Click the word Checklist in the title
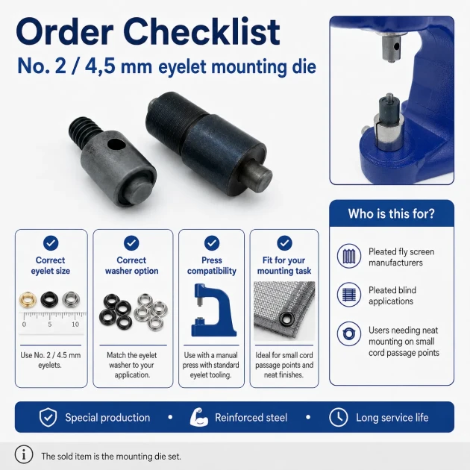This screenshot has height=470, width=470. coord(201,32)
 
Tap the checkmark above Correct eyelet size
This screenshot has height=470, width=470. coord(51,242)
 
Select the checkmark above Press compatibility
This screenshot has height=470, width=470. coord(212,242)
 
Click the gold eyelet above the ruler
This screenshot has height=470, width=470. coord(28,299)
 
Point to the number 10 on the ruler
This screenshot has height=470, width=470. coord(75,324)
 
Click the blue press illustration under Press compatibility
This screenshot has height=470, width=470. coord(213,310)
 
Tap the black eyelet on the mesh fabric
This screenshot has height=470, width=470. coord(287,319)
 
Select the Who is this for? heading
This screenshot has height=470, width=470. coord(391,213)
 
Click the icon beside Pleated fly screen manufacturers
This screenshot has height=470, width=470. coord(348,256)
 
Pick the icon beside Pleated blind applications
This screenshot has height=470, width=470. coord(348,295)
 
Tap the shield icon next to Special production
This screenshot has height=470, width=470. coord(48,417)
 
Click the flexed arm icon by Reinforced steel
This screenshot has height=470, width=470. coord(198,417)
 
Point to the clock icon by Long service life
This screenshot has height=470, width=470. coord(339,417)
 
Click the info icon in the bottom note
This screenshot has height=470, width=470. coord(23,454)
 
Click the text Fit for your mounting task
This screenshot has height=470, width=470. coord(284,266)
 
